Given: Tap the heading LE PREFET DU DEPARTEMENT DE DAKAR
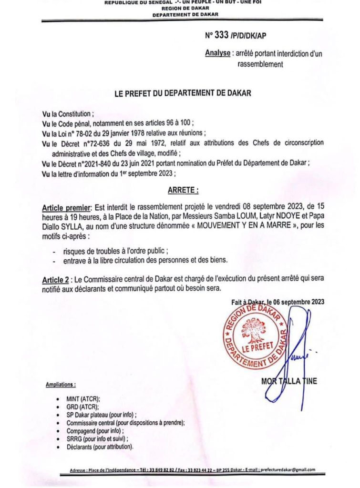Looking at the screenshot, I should [x=183, y=94].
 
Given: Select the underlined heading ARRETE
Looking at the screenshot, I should [x=183, y=190].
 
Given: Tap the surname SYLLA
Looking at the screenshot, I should [x=71, y=226].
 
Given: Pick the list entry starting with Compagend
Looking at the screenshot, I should [x=93, y=431].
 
